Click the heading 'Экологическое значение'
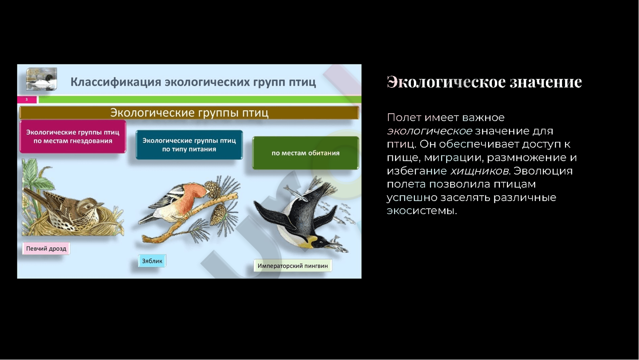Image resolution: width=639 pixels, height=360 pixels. [484, 82]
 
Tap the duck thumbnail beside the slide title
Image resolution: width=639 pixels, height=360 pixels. [42, 79]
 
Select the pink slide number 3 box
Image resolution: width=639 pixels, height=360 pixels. [27, 99]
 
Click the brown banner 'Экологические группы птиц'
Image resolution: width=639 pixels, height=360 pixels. [189, 112]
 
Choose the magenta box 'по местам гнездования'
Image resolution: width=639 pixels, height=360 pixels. [73, 137]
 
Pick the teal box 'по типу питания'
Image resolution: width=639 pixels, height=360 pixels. [189, 145]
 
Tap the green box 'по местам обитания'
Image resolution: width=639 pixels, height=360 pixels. [306, 153]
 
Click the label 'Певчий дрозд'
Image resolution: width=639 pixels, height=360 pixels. [46, 249]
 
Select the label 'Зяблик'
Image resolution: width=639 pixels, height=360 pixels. [152, 261]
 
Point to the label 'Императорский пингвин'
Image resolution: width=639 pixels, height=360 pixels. [293, 266]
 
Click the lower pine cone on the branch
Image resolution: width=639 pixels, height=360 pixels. [218, 214]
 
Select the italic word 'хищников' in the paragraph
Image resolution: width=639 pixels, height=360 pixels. [480, 171]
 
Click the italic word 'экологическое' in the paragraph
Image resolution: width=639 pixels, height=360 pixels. [429, 131]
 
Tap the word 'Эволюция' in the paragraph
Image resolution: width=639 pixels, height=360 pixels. [543, 171]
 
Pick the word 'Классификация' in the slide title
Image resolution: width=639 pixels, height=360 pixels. [116, 82]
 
